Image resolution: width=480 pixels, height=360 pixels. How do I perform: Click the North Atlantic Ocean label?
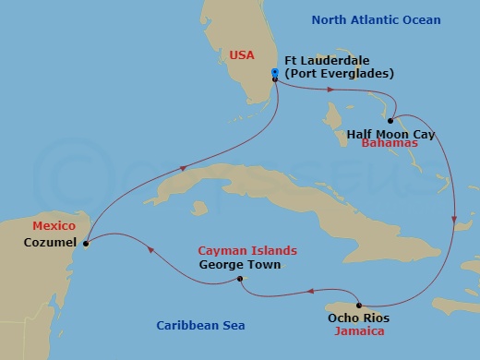click(376, 20)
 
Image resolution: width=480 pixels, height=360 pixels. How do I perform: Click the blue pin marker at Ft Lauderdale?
click(275, 73)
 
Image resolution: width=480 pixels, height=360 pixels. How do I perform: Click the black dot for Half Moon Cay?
click(391, 121)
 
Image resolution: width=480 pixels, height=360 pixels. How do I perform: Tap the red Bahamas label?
click(388, 145)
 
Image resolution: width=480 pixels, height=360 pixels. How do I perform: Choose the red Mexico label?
click(53, 226)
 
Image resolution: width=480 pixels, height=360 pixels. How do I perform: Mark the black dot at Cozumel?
click(85, 245)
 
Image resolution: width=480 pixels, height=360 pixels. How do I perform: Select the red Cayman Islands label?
click(247, 250)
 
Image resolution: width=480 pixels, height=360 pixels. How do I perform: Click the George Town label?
click(239, 265)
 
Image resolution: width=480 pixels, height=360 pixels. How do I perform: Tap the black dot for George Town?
click(239, 280)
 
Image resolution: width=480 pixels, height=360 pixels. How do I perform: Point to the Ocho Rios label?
click(358, 318)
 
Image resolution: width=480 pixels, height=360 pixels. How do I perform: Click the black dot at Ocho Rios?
click(358, 306)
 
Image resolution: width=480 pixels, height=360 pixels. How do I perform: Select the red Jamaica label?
click(361, 330)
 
